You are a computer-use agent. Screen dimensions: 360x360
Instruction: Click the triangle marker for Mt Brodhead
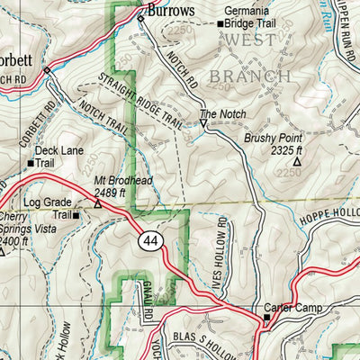click(97, 203)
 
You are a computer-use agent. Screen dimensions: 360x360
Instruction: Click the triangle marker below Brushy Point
click(296, 162)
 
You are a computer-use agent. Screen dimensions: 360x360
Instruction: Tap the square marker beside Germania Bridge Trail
click(220, 24)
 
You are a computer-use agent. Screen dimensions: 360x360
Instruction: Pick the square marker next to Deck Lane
click(29, 164)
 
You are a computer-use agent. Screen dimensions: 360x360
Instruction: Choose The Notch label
click(220, 114)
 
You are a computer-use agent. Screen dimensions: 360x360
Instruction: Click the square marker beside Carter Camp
click(266, 319)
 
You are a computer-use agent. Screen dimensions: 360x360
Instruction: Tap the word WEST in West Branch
click(250, 41)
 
